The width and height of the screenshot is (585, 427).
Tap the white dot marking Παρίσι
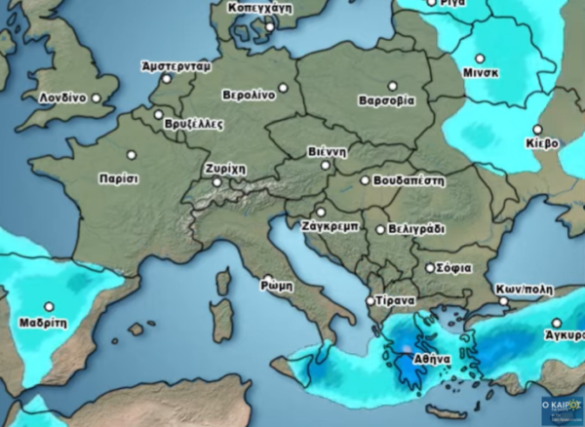(x=132, y=154)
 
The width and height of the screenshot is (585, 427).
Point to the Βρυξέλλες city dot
(x=158, y=114)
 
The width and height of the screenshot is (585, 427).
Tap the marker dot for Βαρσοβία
(x=393, y=86)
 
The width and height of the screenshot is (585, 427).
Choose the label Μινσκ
(x=482, y=73)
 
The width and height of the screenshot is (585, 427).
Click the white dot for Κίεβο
(x=537, y=129)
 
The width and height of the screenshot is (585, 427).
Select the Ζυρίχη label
(x=224, y=169)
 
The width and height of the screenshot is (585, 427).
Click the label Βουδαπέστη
(x=409, y=180)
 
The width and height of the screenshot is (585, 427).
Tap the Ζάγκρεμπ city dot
(x=320, y=212)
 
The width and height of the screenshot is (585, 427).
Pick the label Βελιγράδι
(x=416, y=229)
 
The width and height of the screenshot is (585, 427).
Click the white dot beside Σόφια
(x=430, y=267)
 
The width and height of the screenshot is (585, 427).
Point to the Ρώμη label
(x=278, y=287)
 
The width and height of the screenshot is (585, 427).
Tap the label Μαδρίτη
(x=43, y=322)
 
